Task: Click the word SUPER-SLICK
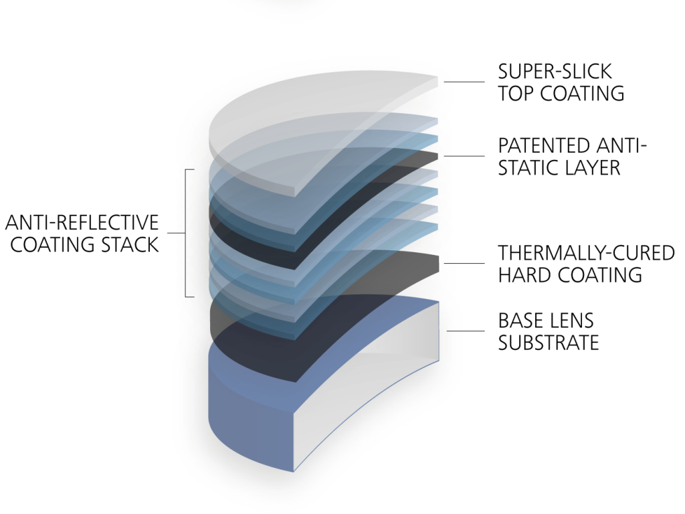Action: [x=555, y=71]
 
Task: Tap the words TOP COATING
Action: [x=561, y=93]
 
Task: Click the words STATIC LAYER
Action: [x=559, y=167]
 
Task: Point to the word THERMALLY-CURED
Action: [x=586, y=253]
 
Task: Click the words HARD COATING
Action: [x=570, y=274]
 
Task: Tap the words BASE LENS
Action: [x=546, y=321]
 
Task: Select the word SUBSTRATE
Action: [x=548, y=343]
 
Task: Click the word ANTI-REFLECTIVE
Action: [x=82, y=222]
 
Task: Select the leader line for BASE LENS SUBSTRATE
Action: [x=465, y=331]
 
